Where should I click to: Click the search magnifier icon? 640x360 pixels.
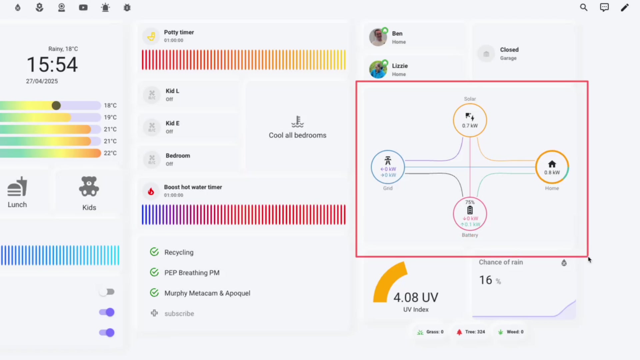[583, 7]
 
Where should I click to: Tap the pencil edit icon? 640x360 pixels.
[625, 7]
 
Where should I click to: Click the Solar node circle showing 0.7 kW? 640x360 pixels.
[470, 120]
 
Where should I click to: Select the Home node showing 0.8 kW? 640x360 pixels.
[552, 167]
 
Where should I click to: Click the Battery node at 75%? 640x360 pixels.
[470, 214]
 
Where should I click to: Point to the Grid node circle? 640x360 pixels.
[388, 167]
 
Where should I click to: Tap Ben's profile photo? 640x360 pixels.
[378, 37]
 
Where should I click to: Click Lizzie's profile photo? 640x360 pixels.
[378, 69]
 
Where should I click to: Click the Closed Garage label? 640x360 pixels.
[509, 53]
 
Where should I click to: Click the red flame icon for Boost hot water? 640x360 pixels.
[151, 191]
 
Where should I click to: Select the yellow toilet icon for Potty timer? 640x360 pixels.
[151, 36]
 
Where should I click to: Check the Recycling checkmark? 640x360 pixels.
[154, 252]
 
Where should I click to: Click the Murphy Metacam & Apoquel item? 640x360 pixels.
[207, 293]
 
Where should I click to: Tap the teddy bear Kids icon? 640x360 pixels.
[89, 187]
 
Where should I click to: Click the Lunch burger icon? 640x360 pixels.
[17, 187]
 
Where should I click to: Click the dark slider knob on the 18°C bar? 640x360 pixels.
[56, 106]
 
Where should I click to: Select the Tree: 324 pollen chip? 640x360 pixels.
[471, 332]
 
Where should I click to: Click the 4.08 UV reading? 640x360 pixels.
[416, 297]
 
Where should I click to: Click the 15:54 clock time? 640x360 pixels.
[52, 65]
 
